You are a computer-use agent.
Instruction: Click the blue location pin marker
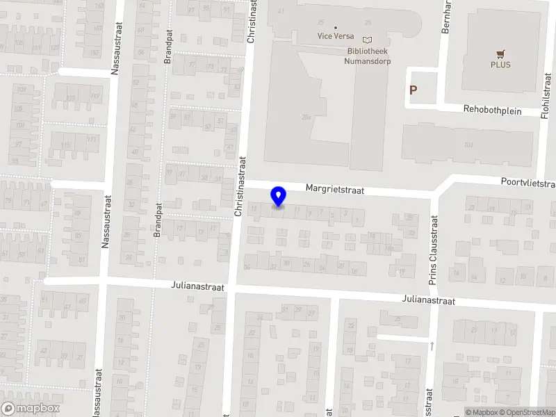coord(279,197)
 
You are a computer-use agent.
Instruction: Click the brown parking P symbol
coord(414,90)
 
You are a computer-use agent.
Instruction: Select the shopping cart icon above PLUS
coord(500,54)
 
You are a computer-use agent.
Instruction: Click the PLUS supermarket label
coord(500,65)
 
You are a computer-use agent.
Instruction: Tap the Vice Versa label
coord(336,36)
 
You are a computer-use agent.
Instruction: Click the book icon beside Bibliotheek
coord(368,40)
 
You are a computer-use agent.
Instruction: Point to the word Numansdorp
coord(367,61)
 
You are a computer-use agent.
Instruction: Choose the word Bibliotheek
coord(368,51)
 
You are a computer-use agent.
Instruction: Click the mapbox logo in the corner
coord(30,409)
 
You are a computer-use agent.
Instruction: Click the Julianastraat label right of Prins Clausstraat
coord(428,301)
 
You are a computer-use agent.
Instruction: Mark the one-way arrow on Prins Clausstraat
coord(432,345)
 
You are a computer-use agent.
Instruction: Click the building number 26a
coord(306,117)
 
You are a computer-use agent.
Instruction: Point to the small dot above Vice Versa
coord(336,27)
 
